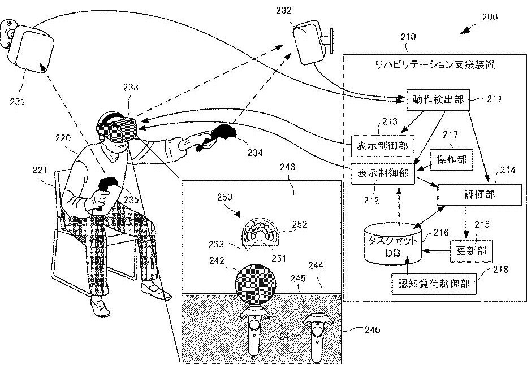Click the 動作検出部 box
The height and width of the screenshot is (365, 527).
click(x=438, y=100)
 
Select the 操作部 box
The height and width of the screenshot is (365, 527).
click(x=452, y=159)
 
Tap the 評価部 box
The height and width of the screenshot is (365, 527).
click(x=480, y=195)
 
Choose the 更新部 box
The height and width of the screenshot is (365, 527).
click(x=471, y=251)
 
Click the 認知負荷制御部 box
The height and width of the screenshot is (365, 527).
click(x=434, y=284)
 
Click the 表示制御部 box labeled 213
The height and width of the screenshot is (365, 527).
click(x=382, y=146)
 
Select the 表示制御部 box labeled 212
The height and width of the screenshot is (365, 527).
click(x=382, y=173)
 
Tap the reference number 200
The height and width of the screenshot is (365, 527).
click(x=490, y=17)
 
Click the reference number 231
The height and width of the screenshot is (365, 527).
click(x=17, y=101)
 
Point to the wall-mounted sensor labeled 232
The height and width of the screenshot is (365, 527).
click(x=309, y=42)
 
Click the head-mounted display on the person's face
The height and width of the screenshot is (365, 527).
click(x=117, y=129)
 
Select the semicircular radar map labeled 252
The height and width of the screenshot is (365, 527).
click(x=261, y=231)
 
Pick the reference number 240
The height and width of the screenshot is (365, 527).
click(x=373, y=329)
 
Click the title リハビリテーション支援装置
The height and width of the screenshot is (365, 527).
click(x=435, y=64)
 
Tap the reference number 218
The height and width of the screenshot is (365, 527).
click(x=500, y=269)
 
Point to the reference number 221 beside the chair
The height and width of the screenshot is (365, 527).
click(x=40, y=170)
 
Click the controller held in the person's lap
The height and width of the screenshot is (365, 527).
click(x=105, y=191)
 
